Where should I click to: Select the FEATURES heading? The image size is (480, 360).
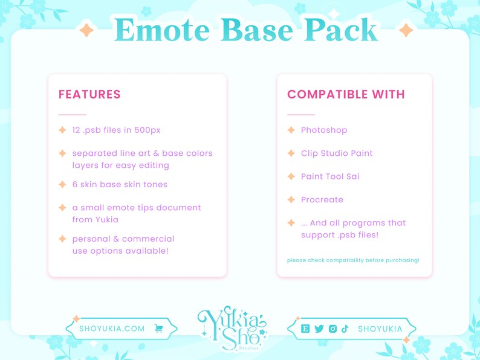[89, 95]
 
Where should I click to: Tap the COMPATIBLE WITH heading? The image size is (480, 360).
[346, 95]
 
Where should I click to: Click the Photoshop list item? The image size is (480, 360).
[324, 130]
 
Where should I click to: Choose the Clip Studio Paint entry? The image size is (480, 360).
[337, 153]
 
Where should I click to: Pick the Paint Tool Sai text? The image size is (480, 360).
[330, 176]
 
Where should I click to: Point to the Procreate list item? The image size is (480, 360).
[322, 200]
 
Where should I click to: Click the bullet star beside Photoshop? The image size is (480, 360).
[291, 130]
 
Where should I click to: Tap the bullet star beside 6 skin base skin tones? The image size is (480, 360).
[62, 184]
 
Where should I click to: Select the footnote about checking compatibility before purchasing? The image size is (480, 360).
[353, 260]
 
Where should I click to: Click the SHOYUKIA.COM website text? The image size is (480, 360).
[112, 329]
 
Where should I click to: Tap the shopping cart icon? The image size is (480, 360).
[159, 329]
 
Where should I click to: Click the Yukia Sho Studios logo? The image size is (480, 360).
[232, 329]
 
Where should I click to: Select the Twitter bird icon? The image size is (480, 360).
[319, 329]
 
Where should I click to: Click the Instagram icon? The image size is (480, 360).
[332, 329]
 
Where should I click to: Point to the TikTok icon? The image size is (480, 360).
[345, 329]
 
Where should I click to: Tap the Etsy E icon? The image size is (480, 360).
[306, 329]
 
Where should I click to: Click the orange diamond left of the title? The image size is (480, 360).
[86, 30]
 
